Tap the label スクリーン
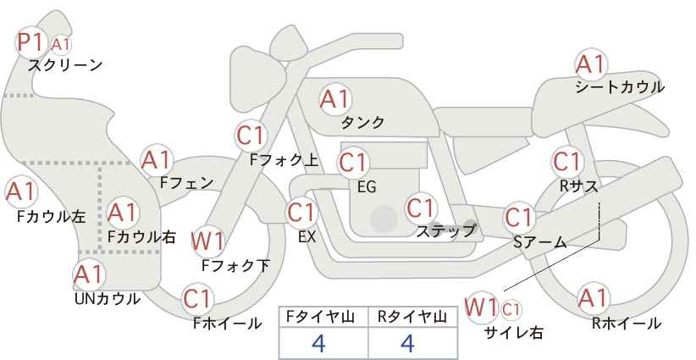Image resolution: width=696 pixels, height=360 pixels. click(x=65, y=64)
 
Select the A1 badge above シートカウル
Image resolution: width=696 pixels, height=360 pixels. click(x=590, y=64)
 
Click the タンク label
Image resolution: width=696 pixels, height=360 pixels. click(x=362, y=123)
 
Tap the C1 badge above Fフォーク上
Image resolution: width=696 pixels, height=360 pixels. click(x=251, y=134)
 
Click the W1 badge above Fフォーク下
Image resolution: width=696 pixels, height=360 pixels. click(x=208, y=241)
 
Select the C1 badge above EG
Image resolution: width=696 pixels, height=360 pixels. click(x=352, y=162)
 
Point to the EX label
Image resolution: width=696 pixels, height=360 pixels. click(x=307, y=237)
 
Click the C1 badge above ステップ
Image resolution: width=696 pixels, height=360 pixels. click(x=421, y=208)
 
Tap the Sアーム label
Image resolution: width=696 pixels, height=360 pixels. click(x=539, y=242)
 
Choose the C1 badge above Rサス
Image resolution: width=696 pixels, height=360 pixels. click(x=566, y=161)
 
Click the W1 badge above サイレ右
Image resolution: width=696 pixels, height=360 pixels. click(x=482, y=306)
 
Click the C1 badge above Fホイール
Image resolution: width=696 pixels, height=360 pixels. click(x=197, y=299)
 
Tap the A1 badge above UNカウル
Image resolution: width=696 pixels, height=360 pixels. click(x=88, y=274)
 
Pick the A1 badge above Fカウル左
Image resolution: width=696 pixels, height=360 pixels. click(x=20, y=192)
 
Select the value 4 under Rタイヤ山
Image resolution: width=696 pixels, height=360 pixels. click(x=406, y=343)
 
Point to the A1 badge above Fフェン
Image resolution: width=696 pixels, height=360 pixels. click(x=157, y=159)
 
